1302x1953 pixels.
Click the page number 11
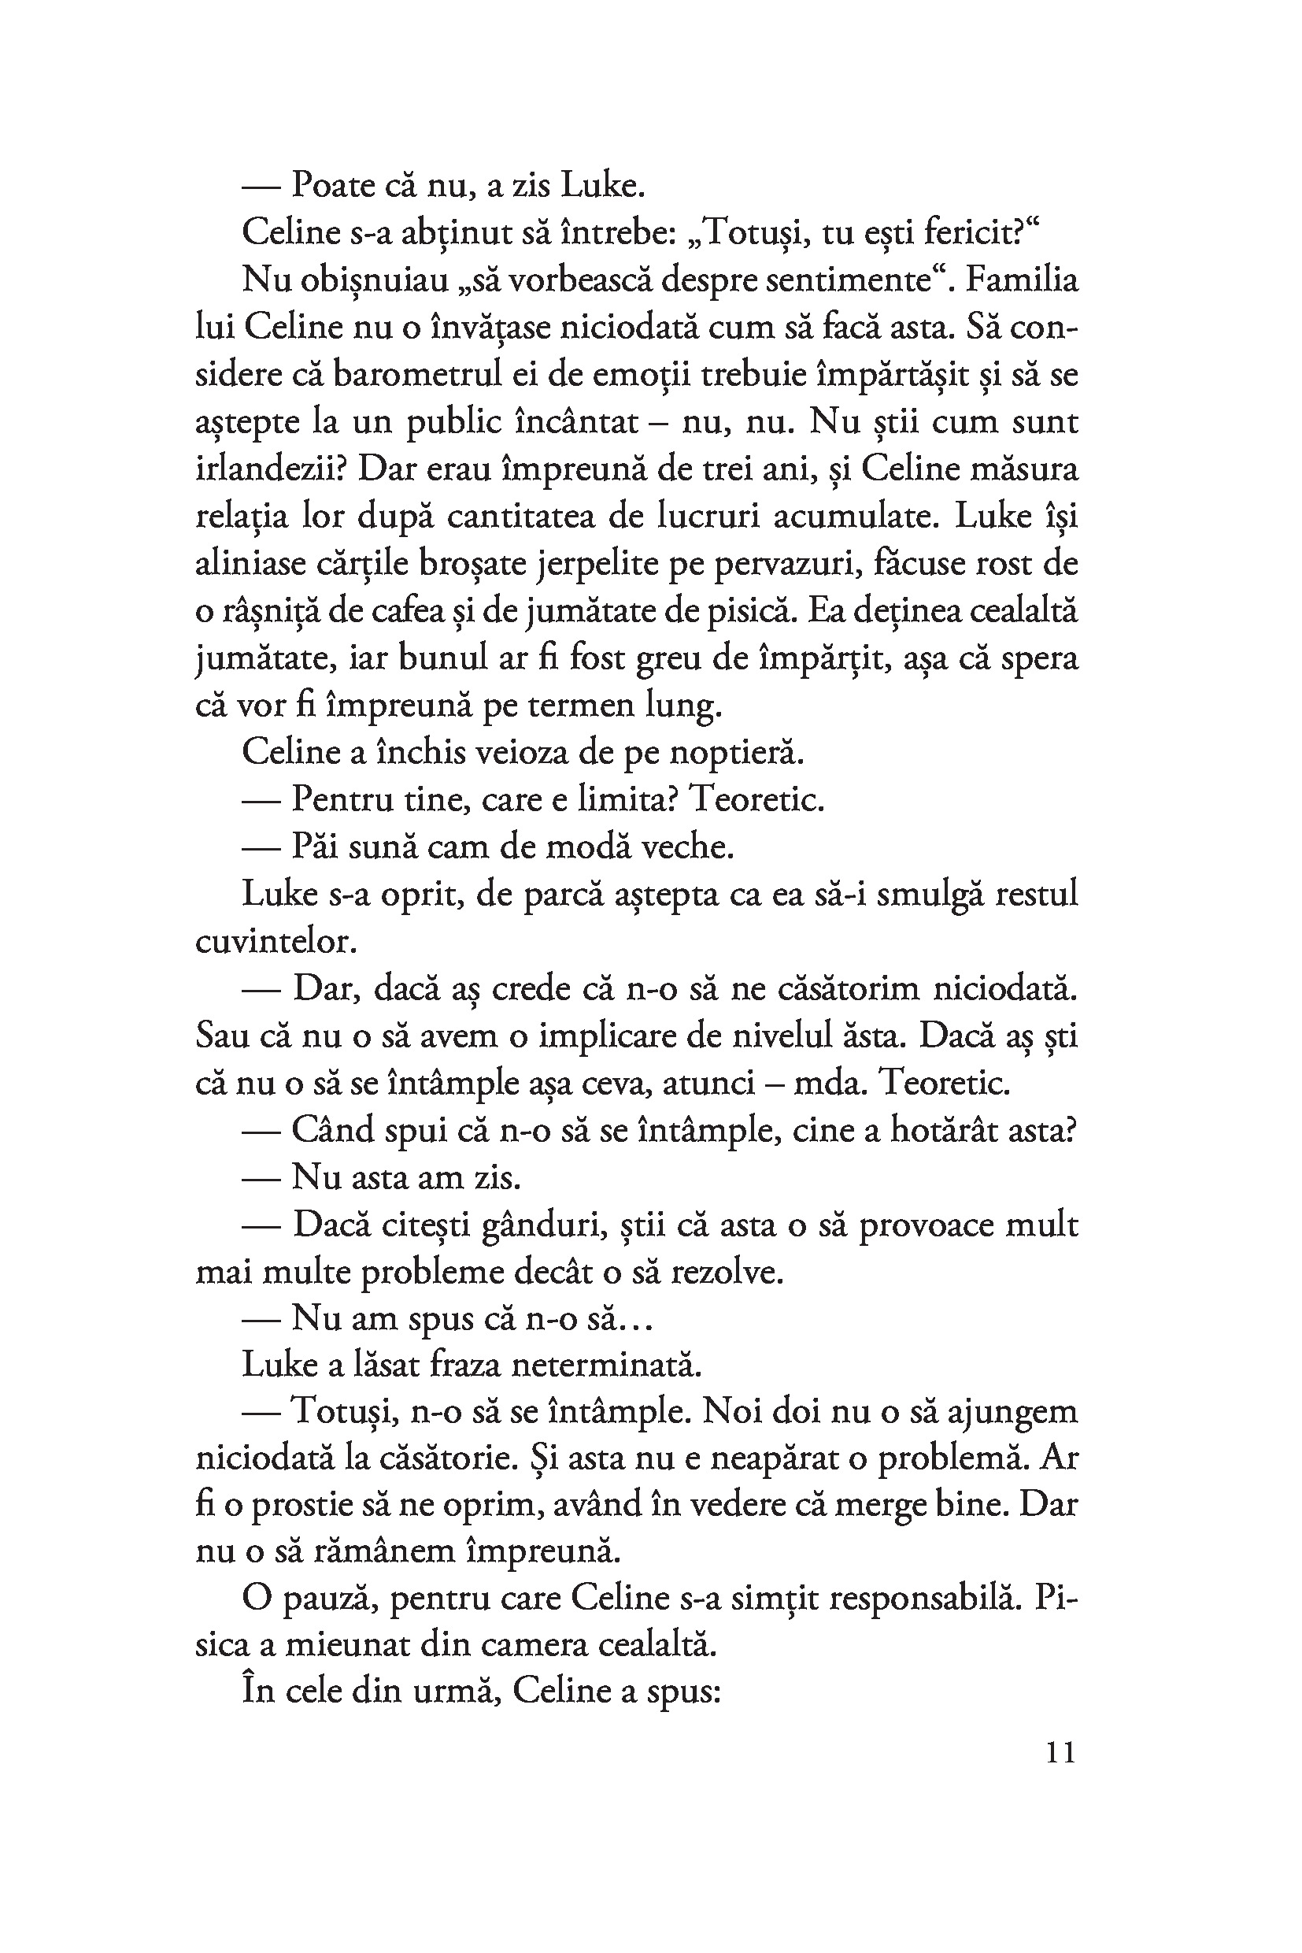[x=1060, y=1753]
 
